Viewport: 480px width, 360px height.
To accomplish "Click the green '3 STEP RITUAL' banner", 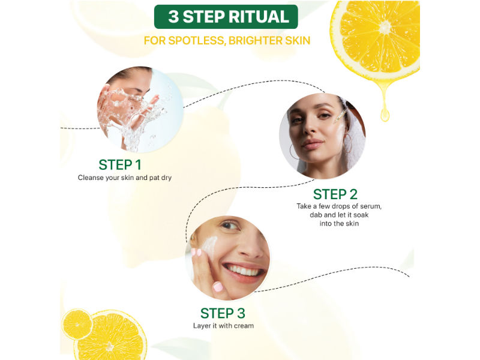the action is [x=226, y=17].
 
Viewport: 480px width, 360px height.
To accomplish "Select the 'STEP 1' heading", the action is [x=120, y=164].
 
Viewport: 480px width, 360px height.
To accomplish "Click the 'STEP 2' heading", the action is [x=335, y=194].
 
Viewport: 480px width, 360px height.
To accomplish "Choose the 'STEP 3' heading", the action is [x=223, y=313].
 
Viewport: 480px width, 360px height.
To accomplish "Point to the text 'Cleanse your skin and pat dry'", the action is [x=125, y=178].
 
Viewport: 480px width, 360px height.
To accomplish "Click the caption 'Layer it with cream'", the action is [x=223, y=326].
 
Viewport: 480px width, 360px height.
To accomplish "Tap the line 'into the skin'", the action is [x=339, y=223].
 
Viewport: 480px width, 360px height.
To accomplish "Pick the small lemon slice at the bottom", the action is [x=77, y=324].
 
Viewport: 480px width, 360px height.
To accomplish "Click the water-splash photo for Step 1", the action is [x=140, y=109].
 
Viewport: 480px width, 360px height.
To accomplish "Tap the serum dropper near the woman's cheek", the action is [x=340, y=117].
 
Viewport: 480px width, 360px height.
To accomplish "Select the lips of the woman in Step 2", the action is [x=312, y=143].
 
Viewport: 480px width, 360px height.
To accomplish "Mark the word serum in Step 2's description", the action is [x=370, y=206].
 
